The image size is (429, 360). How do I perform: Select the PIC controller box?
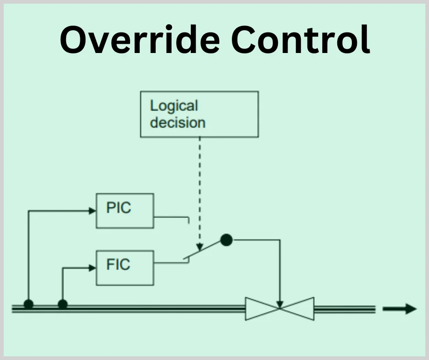coord(125,211)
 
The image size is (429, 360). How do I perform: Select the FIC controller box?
coord(125,267)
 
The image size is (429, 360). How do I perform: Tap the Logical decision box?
coord(199,114)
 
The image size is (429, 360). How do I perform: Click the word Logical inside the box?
coord(174,106)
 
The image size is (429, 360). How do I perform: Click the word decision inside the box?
coord(178,122)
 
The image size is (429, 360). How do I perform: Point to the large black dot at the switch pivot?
coord(226,239)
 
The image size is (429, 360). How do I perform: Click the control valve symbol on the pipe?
coord(280,309)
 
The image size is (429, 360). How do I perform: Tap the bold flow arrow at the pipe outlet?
coord(400,309)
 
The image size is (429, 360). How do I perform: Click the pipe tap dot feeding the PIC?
coord(28,304)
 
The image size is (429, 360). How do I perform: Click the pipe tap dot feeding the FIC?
coord(63,304)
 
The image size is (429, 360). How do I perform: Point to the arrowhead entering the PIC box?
coord(92,211)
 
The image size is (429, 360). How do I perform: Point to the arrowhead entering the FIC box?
coord(92,268)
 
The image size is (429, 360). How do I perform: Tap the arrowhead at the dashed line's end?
coord(199,247)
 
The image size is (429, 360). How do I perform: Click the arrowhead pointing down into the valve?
coord(280,303)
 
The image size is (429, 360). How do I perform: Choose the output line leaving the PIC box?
coord(171,217)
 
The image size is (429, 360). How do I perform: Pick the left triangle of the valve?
coord(258,309)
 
